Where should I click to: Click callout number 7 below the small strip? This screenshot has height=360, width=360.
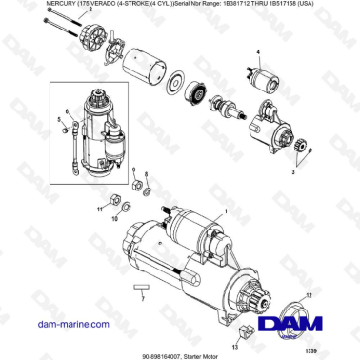(x=141, y=298)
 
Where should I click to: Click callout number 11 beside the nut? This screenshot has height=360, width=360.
(x=99, y=207)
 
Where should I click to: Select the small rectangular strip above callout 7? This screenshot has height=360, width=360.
(x=141, y=285)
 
